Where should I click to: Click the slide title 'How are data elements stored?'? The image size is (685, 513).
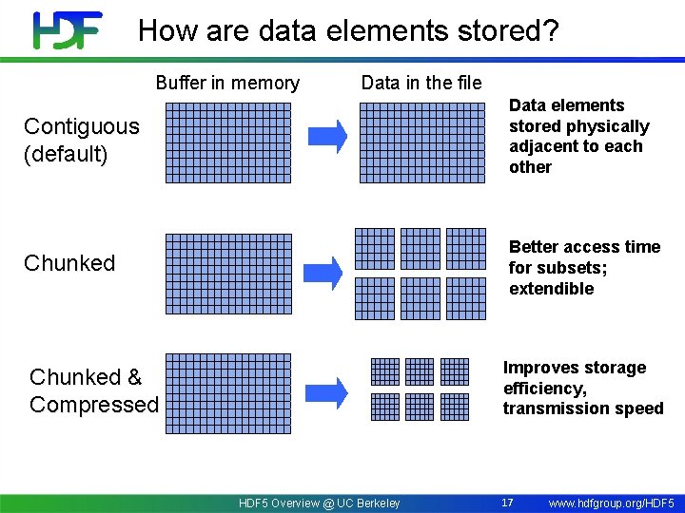[348, 30]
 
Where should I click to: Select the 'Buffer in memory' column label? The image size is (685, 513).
[227, 84]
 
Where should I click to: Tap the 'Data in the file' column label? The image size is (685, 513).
[421, 84]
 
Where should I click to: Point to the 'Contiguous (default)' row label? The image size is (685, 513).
[81, 140]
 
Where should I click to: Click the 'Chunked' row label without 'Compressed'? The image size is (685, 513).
[69, 263]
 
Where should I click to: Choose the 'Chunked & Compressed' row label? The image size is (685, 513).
[93, 390]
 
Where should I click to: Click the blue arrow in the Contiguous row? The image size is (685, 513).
[329, 137]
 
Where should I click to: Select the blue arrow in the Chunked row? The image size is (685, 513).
[329, 274]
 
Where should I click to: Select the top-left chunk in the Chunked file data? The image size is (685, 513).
[374, 249]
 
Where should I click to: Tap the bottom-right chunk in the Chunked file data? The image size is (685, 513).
[467, 297]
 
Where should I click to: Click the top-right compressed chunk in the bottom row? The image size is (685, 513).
[455, 370]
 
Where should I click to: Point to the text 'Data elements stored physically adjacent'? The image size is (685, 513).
[578, 136]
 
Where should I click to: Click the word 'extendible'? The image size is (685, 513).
[551, 289]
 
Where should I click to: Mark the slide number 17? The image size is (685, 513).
[508, 502]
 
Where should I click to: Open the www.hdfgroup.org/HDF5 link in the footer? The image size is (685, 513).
[611, 503]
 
